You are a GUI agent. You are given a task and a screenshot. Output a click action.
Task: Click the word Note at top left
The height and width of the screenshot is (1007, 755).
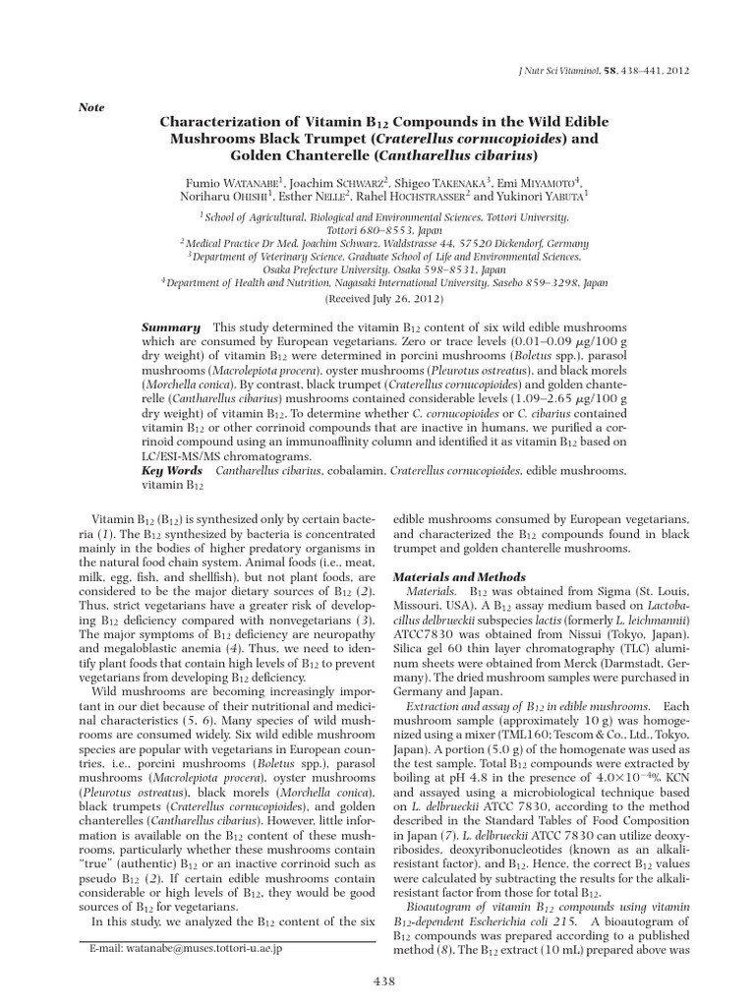pyautogui.click(x=89, y=107)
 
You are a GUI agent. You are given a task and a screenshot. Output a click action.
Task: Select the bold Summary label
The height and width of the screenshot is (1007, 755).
pyautogui.click(x=171, y=326)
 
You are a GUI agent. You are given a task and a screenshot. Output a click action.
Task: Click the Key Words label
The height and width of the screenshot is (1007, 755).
pyautogui.click(x=172, y=471)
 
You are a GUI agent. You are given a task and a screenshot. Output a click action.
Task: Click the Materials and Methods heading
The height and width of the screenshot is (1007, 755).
pyautogui.click(x=459, y=576)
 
